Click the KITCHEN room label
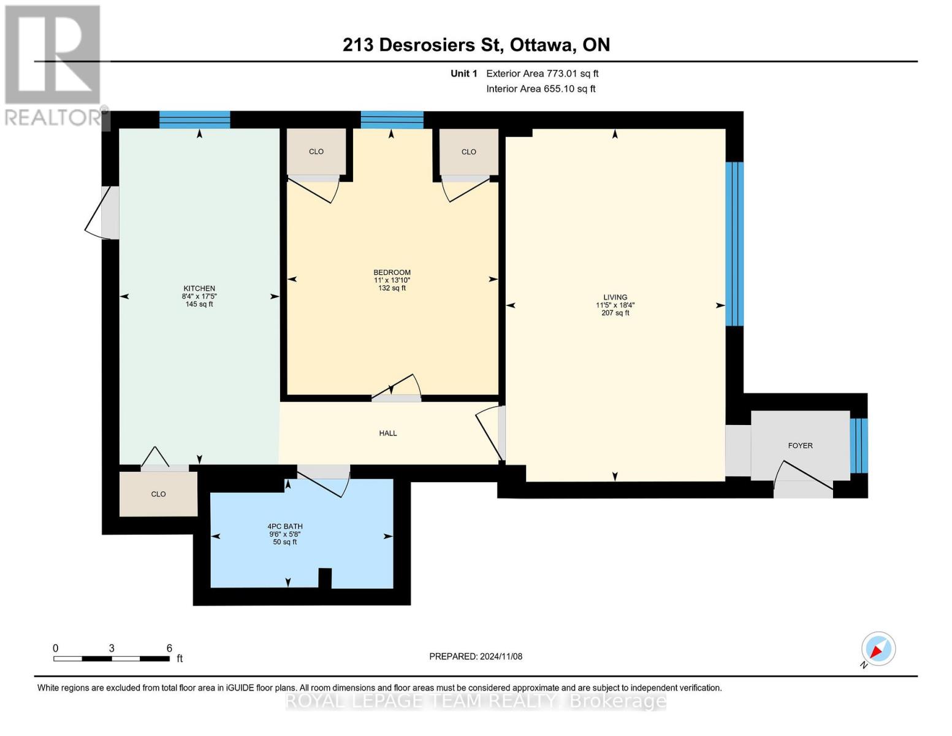[x=199, y=288]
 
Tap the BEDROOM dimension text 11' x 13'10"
[x=392, y=280]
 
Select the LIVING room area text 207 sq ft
[x=615, y=313]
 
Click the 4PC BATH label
[x=285, y=526]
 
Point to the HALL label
[x=388, y=433]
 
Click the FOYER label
[x=800, y=446]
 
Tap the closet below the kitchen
[x=158, y=494]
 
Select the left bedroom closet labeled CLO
[x=316, y=151]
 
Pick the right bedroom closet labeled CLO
[x=469, y=151]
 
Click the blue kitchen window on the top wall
[x=195, y=120]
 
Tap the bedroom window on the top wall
[x=392, y=120]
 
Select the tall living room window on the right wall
[x=734, y=243]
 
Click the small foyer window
[x=859, y=446]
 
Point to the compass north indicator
[x=878, y=649]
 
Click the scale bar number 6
[x=169, y=648]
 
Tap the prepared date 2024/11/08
[x=501, y=656]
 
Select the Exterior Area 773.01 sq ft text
[x=542, y=74]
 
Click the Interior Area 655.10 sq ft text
[x=541, y=89]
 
